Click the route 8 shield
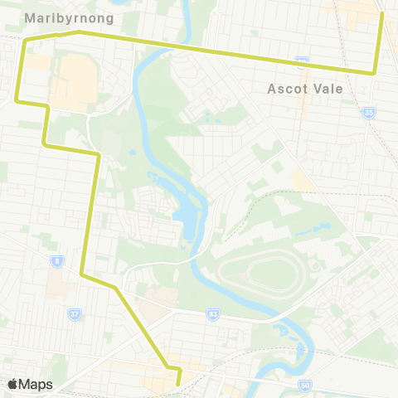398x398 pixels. coord(56,261)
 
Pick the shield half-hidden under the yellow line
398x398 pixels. coord(303,61)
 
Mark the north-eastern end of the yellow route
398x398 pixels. coord(381,13)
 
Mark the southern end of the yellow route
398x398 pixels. coord(179,383)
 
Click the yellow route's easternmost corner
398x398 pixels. coord(375,73)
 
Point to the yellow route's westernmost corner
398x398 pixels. coord(17,100)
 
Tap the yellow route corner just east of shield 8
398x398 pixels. coord(81,273)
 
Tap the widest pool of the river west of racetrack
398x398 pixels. coord(188,220)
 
